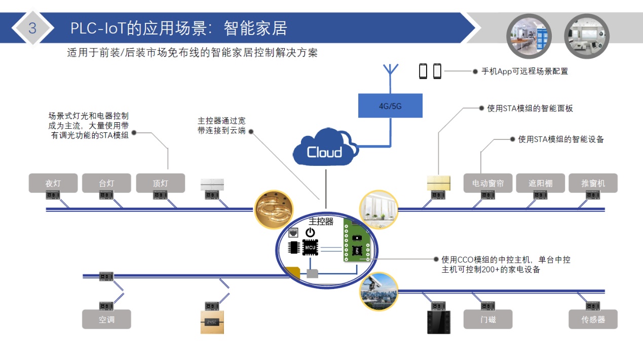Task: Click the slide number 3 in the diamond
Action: (x=32, y=28)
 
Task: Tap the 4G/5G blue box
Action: (x=390, y=106)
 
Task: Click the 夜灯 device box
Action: (x=53, y=183)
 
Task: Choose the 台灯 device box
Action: (x=106, y=183)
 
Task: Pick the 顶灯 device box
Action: (x=160, y=183)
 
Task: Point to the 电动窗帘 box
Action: (x=488, y=183)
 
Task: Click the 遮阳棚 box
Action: (x=541, y=183)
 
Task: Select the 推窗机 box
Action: (x=593, y=183)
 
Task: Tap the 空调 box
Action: (x=106, y=319)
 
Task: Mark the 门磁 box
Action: (x=488, y=319)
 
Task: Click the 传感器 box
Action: (x=593, y=319)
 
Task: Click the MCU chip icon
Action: (x=310, y=247)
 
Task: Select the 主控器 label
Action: (x=321, y=222)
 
